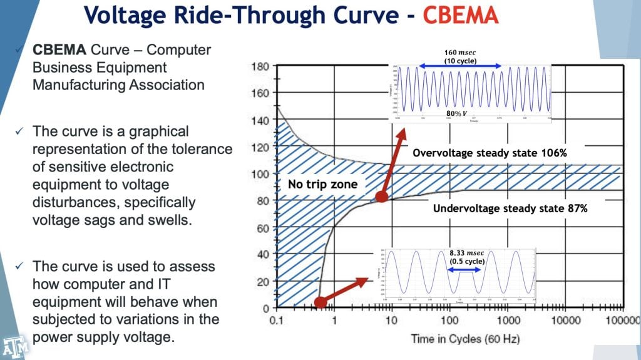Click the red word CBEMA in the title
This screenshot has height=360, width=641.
[x=459, y=14]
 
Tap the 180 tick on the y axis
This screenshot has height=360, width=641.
[x=260, y=66]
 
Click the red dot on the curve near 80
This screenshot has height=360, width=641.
[x=380, y=198]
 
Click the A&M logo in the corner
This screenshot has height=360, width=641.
[x=11, y=347]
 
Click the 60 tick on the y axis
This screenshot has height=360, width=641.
[x=263, y=228]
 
